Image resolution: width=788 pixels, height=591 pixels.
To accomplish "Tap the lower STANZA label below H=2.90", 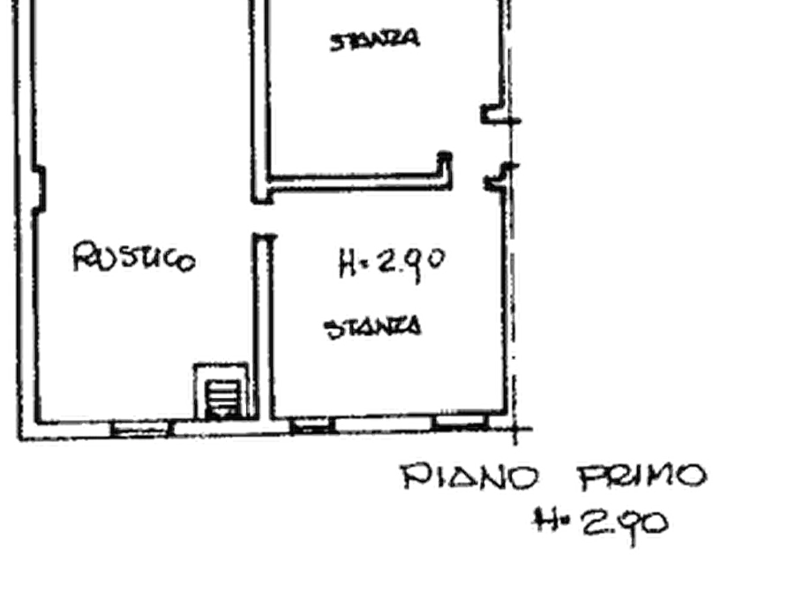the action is tap(372, 327).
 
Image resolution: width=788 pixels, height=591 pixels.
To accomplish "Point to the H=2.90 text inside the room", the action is tap(392, 263).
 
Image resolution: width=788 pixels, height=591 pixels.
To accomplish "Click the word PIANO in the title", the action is tap(469, 476).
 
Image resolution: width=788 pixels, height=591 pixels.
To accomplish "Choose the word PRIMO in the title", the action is tap(642, 476).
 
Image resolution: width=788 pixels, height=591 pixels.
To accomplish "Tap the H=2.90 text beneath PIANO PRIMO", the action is tap(601, 524).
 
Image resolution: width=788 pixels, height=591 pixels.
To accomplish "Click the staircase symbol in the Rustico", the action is tap(221, 391).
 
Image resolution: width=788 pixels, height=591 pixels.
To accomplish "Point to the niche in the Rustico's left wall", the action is tap(39, 189).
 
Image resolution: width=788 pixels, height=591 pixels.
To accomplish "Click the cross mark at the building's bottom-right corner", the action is tap(514, 430).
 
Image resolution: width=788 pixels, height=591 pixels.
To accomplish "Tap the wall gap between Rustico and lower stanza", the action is tap(263, 219).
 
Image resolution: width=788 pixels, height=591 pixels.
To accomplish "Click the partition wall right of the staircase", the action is tap(263, 326).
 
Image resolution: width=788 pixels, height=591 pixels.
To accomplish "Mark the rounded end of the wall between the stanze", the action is tap(444, 157).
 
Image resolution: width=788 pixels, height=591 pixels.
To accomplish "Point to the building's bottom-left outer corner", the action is tap(19, 440).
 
